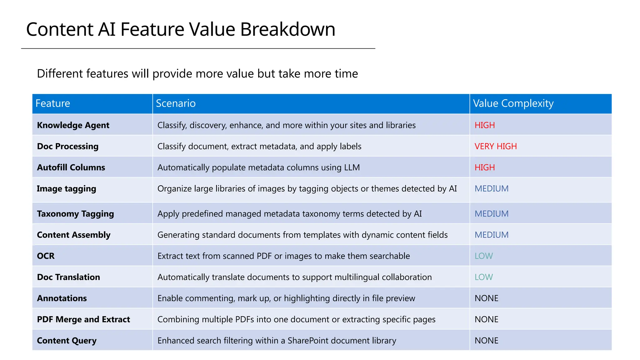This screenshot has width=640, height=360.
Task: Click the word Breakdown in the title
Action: [x=287, y=29]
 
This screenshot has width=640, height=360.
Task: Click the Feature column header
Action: [x=53, y=103]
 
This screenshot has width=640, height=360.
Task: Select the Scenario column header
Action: [x=176, y=103]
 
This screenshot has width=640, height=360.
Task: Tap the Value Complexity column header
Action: [x=513, y=103]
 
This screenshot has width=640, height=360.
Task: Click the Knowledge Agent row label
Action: [x=73, y=125]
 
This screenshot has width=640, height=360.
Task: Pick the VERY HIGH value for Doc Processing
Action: [x=496, y=146]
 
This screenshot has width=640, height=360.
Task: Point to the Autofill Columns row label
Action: [x=71, y=167]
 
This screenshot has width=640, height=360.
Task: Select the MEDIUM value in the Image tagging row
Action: [x=492, y=189]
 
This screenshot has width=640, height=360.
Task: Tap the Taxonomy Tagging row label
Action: [x=75, y=214]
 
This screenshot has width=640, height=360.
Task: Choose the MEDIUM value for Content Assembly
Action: [x=492, y=235]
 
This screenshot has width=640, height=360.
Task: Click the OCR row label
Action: [x=46, y=256]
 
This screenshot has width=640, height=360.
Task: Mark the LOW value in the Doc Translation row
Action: [x=483, y=277]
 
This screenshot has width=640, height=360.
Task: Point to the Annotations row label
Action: [x=62, y=298]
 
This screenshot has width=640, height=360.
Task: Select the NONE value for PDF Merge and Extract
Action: [x=486, y=319]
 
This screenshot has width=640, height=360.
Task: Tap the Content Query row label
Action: [x=67, y=341]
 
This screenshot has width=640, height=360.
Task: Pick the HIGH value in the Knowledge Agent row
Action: [x=485, y=125]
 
